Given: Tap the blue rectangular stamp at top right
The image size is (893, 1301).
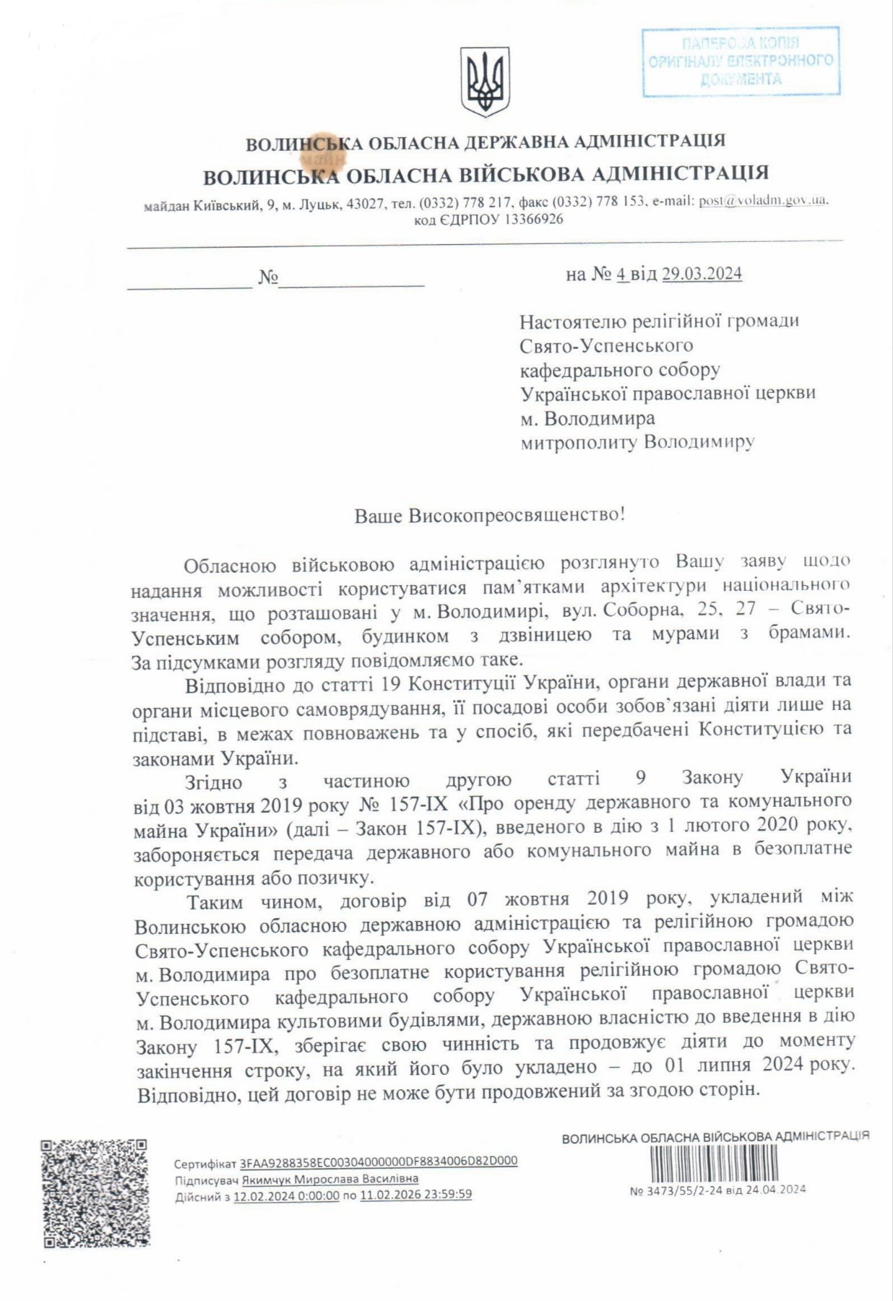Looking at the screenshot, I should (x=741, y=61).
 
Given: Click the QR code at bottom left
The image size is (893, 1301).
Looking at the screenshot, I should (x=95, y=1193).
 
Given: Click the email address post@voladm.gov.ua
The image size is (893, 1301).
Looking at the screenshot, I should (x=762, y=202).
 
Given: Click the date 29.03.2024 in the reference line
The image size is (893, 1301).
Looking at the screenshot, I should (x=702, y=274).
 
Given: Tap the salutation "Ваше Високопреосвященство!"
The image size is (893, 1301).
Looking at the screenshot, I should (x=489, y=515).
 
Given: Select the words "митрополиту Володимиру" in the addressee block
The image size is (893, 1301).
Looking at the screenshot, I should (x=637, y=441).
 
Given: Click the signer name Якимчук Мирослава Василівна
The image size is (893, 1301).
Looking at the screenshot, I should (x=330, y=1179).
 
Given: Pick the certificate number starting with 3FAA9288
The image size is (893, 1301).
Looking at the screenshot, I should (x=379, y=1162).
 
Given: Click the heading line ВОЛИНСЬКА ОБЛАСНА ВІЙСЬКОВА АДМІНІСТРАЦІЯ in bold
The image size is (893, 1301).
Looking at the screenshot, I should (x=486, y=174).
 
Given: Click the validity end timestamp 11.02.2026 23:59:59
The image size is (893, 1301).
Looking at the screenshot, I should (x=415, y=1195).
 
